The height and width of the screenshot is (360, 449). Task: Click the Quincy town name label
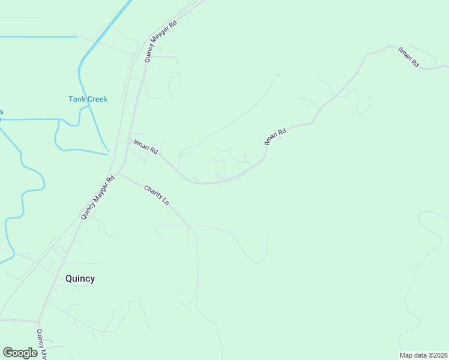pos(80,278)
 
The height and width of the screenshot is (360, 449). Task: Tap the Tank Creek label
pos(88,99)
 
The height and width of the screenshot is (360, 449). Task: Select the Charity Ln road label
pos(157,196)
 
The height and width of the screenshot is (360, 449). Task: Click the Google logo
pos(20,353)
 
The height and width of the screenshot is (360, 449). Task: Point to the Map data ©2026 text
pos(423,355)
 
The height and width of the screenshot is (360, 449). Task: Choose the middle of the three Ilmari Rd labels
pos(276,136)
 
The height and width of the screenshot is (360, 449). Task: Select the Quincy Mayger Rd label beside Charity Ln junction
pos(98,197)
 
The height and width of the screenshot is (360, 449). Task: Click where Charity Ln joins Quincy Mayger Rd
pos(118,173)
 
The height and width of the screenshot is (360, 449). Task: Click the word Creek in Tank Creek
pos(96,99)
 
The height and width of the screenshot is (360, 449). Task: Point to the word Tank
pos(76,99)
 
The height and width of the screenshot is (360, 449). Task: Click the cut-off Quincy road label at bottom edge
pos(41,344)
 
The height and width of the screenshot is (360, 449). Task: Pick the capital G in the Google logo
pos(7,352)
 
